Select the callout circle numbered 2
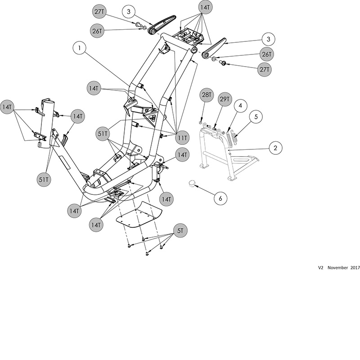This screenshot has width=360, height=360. pyautogui.click(x=275, y=147)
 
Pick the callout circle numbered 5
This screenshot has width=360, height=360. pyautogui.click(x=256, y=117)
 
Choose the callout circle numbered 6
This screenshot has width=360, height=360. pyautogui.click(x=220, y=197)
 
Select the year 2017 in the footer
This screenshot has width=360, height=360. pyautogui.click(x=354, y=267)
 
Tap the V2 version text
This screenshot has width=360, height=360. pyautogui.click(x=321, y=267)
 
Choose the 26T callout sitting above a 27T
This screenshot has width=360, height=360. pyautogui.click(x=267, y=54)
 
